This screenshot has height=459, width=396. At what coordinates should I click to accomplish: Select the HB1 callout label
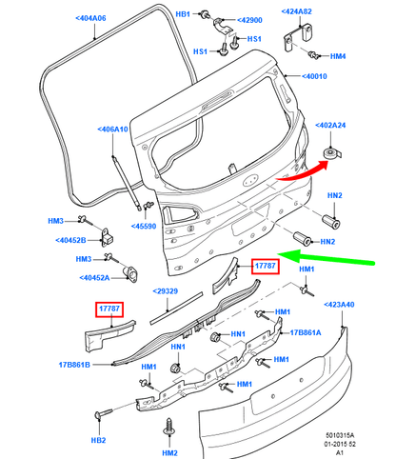tap(183, 14)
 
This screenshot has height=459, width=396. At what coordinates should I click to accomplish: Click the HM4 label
tap(338, 56)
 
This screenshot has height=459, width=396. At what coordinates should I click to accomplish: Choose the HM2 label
tap(170, 456)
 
